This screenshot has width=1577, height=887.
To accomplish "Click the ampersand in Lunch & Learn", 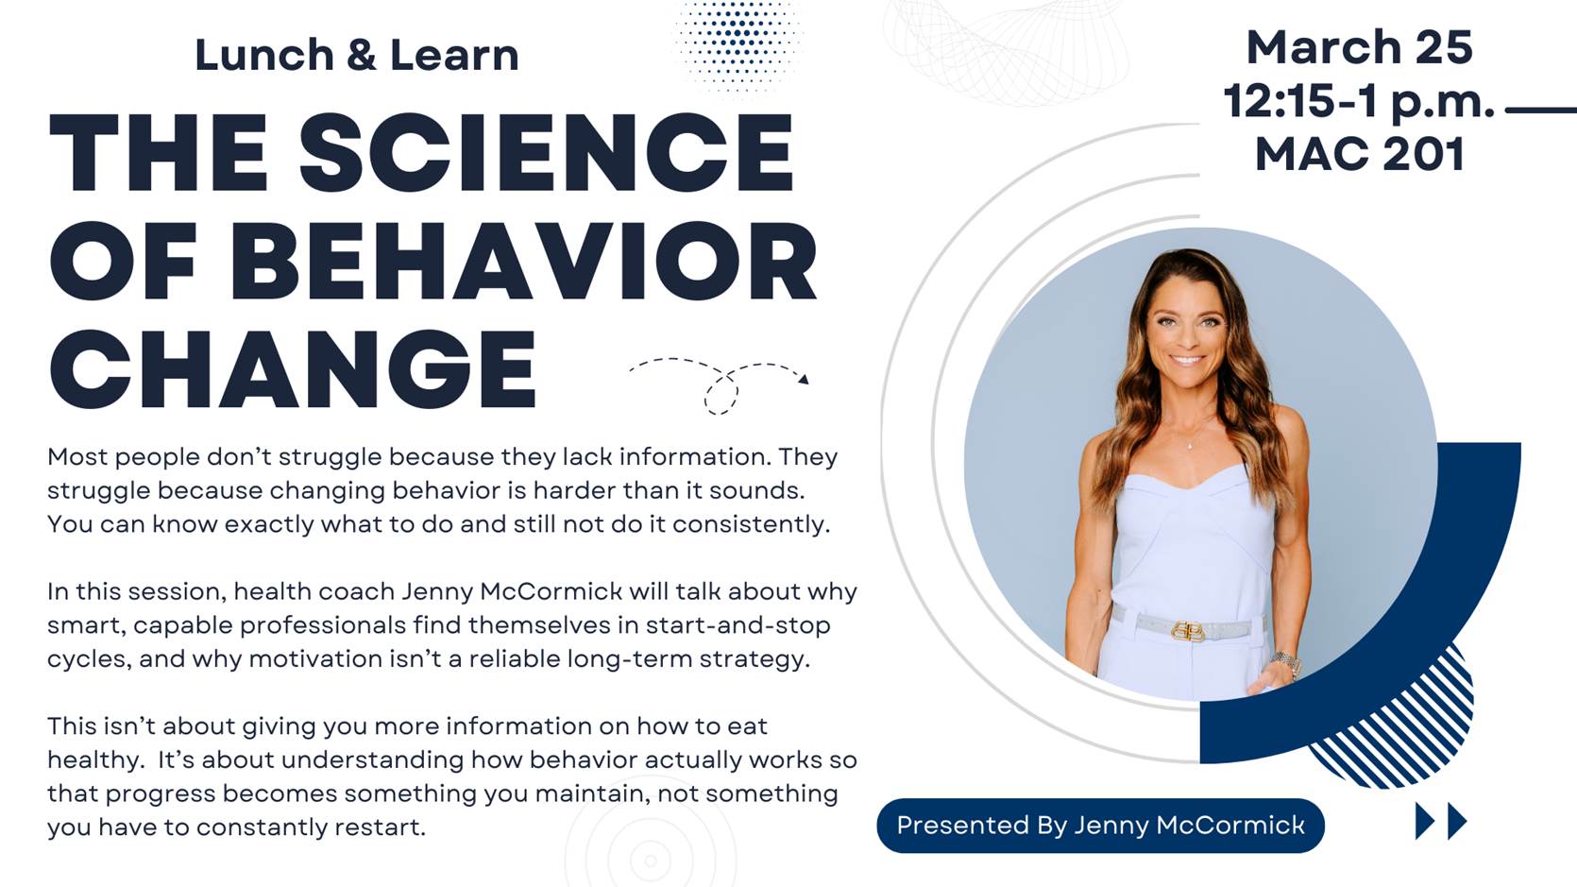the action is [361, 56].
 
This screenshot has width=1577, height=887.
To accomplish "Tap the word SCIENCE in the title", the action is [547, 152].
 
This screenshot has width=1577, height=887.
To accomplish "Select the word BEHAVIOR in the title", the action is [523, 261].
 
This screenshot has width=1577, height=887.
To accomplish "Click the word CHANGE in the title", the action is [293, 369].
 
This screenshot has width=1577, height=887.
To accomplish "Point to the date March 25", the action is [1360, 47].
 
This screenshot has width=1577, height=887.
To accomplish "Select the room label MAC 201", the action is [1360, 154].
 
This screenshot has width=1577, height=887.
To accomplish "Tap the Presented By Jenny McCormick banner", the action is [1100, 825].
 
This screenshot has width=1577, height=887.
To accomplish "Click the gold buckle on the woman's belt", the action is [1188, 631].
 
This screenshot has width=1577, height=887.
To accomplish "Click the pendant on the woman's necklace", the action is [1189, 445].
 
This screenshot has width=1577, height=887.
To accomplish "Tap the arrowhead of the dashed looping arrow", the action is [804, 380].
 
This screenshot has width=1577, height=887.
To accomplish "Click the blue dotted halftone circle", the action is [738, 43].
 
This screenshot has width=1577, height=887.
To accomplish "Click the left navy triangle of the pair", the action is [1425, 822].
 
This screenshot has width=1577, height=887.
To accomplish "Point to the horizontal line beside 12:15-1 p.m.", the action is [1541, 110].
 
